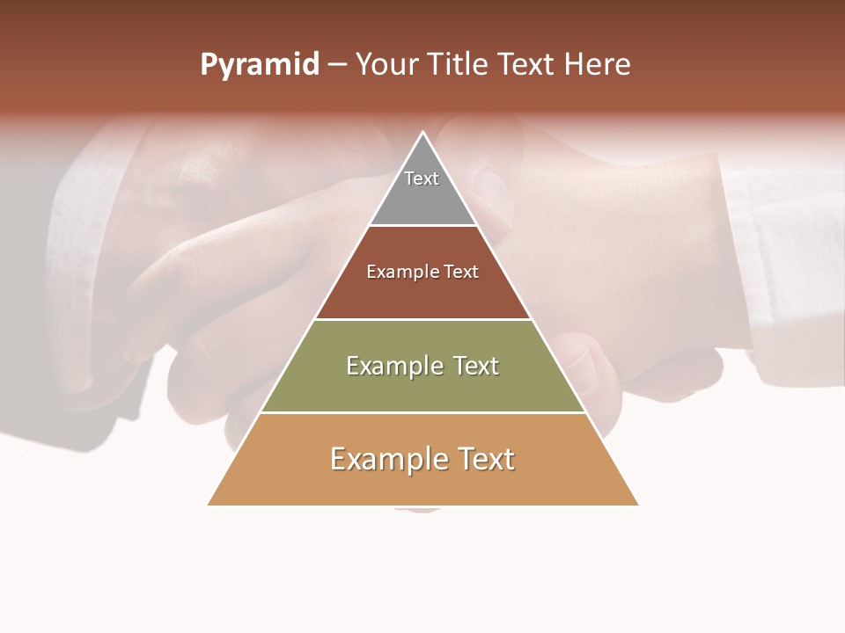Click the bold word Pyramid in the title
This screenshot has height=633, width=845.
point(259,65)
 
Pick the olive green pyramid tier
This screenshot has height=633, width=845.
point(422,387)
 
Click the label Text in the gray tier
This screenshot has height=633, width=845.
point(422,178)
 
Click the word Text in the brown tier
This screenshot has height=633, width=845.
point(462,273)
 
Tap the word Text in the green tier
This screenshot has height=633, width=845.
point(476,366)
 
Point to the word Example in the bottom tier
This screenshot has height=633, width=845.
point(388,459)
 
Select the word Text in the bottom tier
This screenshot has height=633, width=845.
point(484,459)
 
